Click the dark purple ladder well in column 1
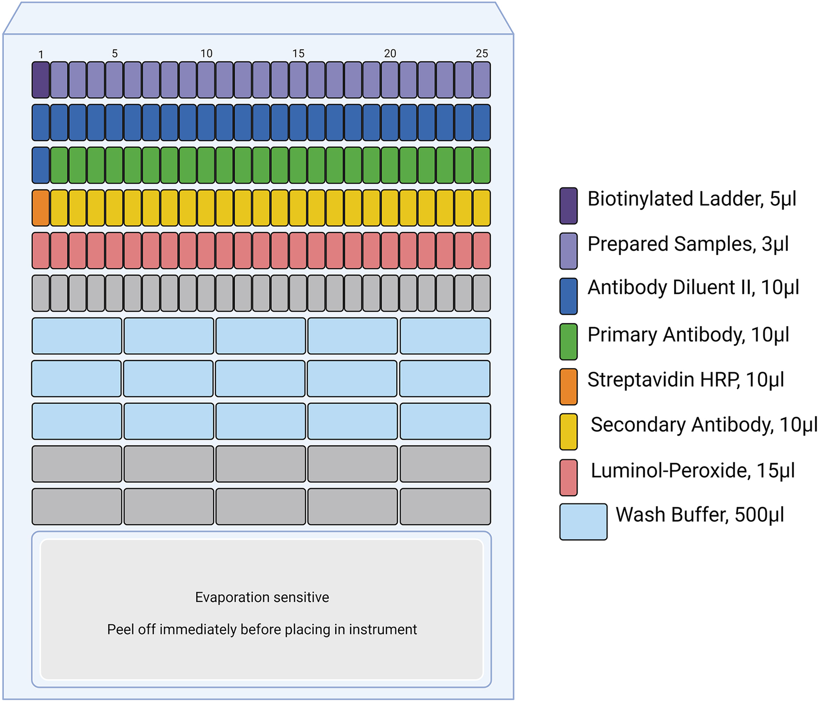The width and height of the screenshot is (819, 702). (41, 80)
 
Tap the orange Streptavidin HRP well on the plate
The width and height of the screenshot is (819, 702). (41, 208)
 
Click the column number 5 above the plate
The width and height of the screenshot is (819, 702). (115, 53)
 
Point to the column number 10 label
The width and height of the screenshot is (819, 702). (206, 53)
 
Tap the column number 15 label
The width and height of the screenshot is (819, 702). (299, 53)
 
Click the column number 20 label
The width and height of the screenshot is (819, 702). (390, 53)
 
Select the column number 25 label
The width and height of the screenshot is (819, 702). (482, 53)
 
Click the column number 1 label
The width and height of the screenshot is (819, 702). (41, 55)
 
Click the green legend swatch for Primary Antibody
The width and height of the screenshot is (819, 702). (568, 342)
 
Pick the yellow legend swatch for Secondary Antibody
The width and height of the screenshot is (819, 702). (568, 432)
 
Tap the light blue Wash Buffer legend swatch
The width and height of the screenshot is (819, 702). (583, 522)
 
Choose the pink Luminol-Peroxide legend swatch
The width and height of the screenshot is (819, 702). (568, 477)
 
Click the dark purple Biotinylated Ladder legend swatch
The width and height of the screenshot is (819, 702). (568, 205)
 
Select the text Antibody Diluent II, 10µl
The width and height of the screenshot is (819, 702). (693, 287)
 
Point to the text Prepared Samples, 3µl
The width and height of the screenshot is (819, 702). (688, 244)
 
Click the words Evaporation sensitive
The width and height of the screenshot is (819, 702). (262, 597)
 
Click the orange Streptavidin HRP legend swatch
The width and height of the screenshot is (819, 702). (568, 386)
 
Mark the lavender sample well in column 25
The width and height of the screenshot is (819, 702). (482, 80)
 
